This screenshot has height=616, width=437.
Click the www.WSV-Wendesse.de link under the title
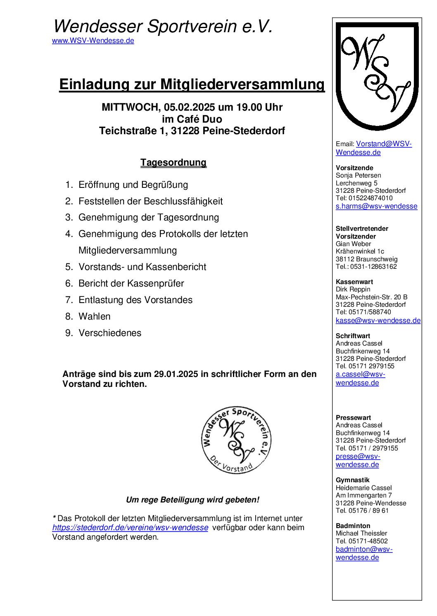93,40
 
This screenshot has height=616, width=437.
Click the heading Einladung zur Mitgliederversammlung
192,84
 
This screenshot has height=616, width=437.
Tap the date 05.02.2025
189,107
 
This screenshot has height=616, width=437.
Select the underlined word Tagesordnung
173,162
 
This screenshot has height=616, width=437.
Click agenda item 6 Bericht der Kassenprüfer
131,283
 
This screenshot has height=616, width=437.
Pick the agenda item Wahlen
94,316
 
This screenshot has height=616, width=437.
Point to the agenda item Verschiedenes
110,333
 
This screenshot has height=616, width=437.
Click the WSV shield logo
377,76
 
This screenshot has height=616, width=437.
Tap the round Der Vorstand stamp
236,440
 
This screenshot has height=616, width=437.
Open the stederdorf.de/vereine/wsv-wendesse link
130,528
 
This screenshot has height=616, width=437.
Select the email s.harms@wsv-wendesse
376,206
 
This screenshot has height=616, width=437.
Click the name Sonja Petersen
358,175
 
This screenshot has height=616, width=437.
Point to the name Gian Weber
353,244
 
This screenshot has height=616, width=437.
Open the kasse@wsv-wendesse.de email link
378,320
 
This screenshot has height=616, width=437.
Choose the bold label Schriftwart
353,336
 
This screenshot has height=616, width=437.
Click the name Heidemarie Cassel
363,488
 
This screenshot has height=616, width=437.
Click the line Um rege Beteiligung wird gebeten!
192,500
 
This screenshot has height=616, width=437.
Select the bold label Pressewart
353,418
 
